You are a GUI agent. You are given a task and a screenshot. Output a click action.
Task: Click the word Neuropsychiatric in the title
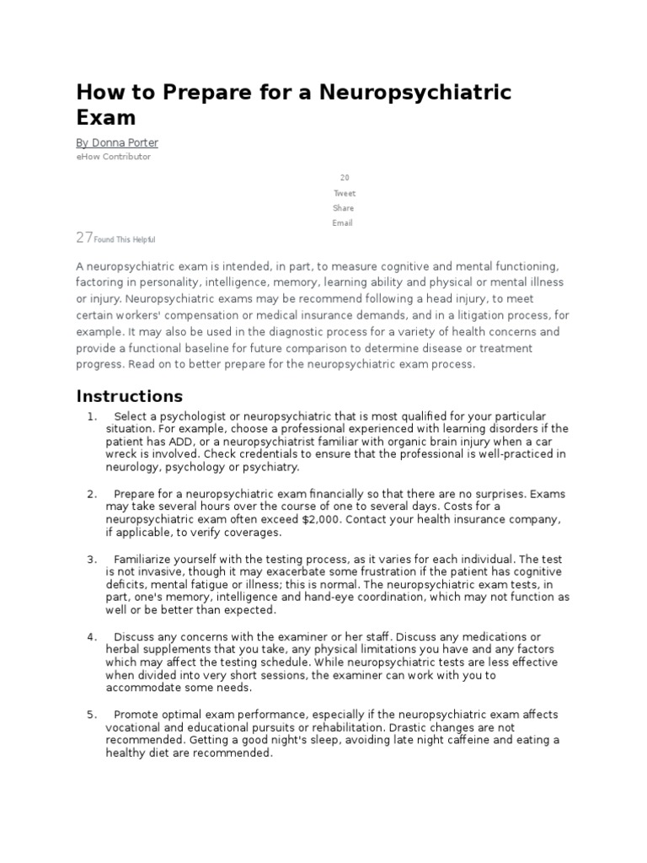click(x=418, y=92)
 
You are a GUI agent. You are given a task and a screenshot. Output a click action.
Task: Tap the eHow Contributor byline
click(x=114, y=157)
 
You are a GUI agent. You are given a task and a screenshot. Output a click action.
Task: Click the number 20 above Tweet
click(x=344, y=178)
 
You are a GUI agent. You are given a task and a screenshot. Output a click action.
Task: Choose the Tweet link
click(x=344, y=193)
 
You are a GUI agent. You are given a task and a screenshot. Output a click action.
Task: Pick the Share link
click(x=344, y=208)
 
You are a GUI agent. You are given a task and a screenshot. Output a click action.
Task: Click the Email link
click(x=343, y=223)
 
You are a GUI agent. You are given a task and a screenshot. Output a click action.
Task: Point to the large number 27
click(x=84, y=239)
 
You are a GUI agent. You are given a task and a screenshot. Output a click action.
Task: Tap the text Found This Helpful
click(x=125, y=240)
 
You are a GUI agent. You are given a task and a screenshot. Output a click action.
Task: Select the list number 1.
click(x=91, y=416)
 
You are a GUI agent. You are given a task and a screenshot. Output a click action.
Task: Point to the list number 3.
click(x=91, y=560)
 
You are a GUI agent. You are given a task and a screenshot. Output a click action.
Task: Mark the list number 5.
click(x=91, y=715)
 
